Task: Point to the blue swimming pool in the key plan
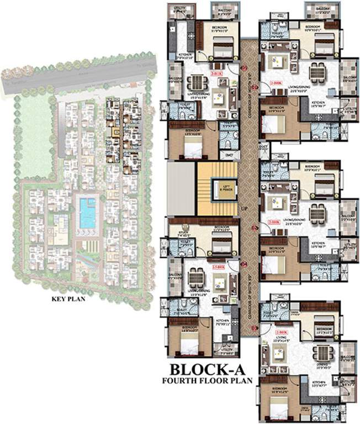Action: click(87, 213)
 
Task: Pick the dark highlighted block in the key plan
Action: click(115, 132)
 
